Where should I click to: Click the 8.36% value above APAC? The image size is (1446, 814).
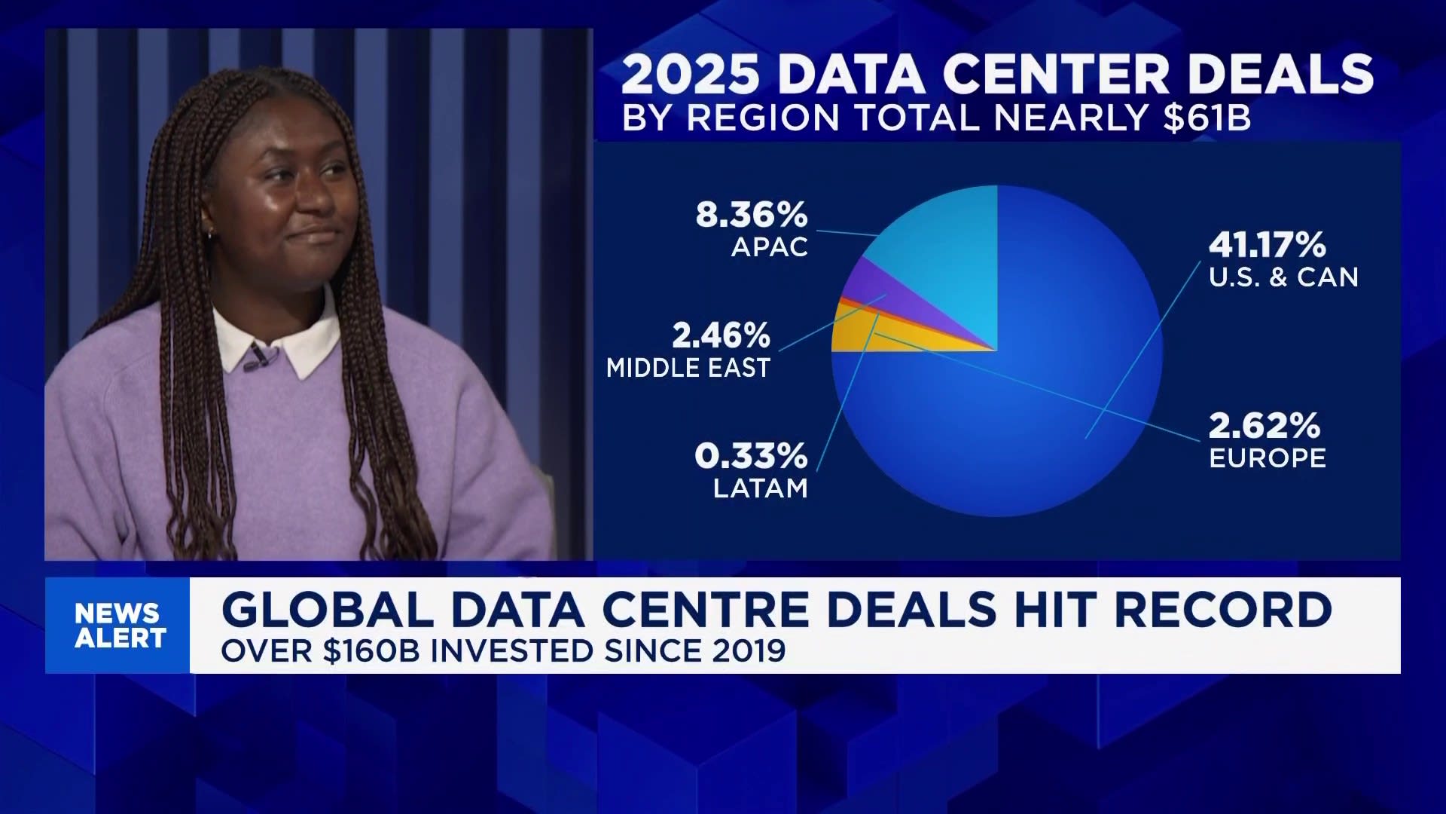click(751, 215)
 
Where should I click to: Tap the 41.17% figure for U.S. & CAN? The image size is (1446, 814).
click(1267, 245)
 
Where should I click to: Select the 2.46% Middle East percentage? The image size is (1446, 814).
click(721, 335)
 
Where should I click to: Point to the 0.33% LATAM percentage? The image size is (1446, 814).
click(751, 456)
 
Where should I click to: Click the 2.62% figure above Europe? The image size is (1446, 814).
click(1264, 426)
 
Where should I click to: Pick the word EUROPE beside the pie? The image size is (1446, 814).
click(1267, 458)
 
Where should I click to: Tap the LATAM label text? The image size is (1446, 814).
click(760, 488)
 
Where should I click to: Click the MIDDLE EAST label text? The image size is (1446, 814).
click(688, 368)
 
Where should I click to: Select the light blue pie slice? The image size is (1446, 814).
click(949, 256)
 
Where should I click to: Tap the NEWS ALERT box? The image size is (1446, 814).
click(118, 625)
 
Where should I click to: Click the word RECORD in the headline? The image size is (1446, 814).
click(1222, 610)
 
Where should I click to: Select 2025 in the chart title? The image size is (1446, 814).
click(690, 74)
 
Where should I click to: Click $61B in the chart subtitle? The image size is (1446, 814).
click(1207, 118)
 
